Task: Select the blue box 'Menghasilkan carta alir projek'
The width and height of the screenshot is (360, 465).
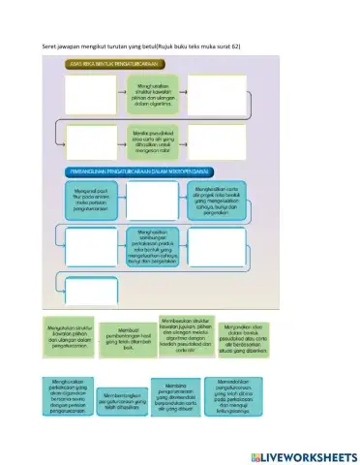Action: pos(218,201)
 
